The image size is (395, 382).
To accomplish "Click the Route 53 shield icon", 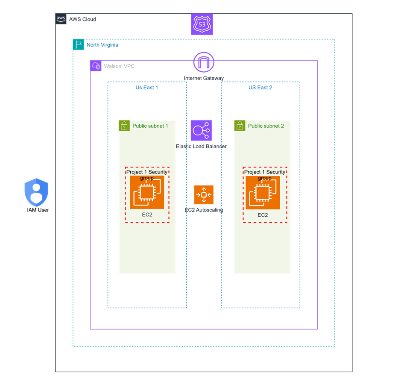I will click(202, 24).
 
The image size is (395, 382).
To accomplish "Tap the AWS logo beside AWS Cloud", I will click(61, 19).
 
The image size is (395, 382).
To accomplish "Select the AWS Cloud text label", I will click(82, 19).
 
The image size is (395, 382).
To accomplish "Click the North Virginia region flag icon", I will click(78, 44).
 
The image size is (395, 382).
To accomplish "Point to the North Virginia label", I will click(102, 45).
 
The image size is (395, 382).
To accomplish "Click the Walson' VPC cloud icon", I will click(96, 66).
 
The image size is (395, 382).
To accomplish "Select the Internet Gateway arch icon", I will click(204, 62).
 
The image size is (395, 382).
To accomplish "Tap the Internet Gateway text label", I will click(204, 78).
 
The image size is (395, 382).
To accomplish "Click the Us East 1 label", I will click(146, 88).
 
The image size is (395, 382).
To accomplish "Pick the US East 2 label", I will click(260, 88).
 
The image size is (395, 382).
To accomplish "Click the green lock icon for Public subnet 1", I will click(124, 126).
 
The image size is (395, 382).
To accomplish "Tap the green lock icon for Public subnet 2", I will click(240, 126).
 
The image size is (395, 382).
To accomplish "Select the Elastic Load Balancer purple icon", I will click(201, 130).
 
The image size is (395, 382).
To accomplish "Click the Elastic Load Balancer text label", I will click(201, 146).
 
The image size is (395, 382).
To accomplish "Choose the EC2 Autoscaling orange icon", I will click(204, 195).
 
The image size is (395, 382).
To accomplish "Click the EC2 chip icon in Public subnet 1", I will click(147, 192).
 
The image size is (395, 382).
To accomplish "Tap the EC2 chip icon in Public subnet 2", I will click(263, 193).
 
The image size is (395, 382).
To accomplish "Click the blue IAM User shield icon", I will click(37, 192).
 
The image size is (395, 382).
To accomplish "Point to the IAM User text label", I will click(38, 210).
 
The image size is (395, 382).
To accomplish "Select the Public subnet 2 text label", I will click(266, 126).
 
